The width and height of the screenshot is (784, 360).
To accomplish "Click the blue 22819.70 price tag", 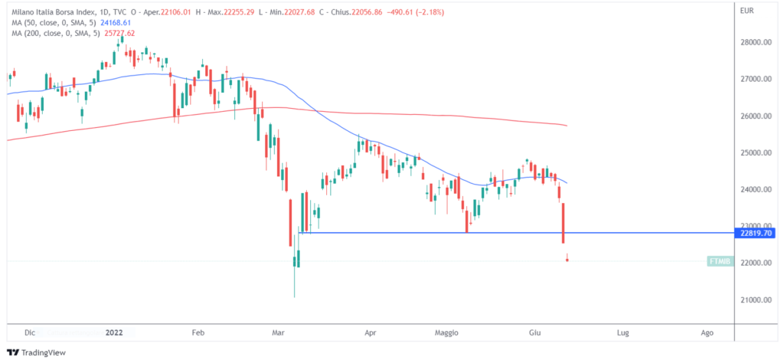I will pyautogui.click(x=753, y=233).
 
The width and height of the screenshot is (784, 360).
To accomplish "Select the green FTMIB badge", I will pyautogui.click(x=720, y=261).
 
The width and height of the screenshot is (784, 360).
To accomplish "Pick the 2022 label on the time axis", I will pyautogui.click(x=114, y=333).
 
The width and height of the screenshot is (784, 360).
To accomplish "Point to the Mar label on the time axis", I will pyautogui.click(x=279, y=333).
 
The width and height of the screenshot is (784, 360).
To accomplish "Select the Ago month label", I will pyautogui.click(x=707, y=333).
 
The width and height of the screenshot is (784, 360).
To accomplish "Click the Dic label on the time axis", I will pyautogui.click(x=31, y=333).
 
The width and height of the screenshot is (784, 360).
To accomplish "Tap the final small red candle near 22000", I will pyautogui.click(x=567, y=260).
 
